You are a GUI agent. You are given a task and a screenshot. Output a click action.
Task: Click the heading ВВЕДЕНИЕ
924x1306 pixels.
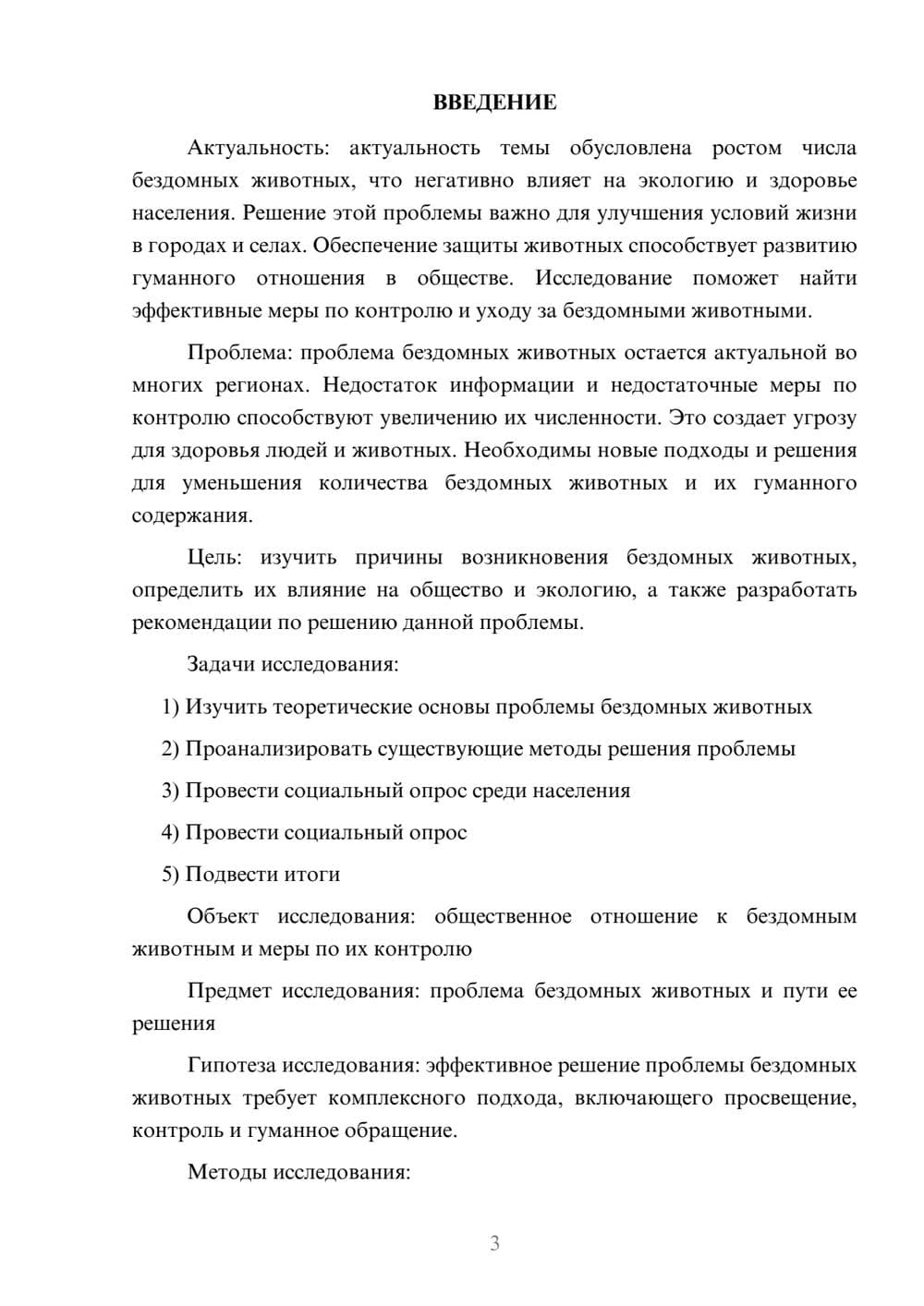click(494, 103)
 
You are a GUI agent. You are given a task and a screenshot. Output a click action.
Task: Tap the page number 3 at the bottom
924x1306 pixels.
click(494, 1243)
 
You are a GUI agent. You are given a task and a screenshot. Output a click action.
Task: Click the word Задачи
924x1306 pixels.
click(222, 664)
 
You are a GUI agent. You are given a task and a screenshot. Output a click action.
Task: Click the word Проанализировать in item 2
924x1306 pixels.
click(278, 749)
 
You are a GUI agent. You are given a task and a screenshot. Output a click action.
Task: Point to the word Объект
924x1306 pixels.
click(223, 916)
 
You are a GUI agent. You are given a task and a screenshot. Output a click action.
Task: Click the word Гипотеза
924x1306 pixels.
click(231, 1065)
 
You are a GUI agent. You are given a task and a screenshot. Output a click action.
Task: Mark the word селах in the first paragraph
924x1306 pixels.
click(278, 246)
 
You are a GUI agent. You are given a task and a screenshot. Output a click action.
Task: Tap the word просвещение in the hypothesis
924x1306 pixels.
click(791, 1098)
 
